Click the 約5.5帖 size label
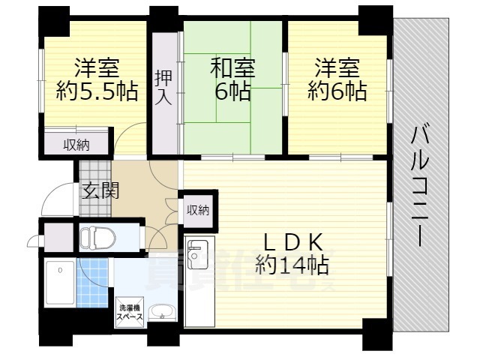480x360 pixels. point(97,92)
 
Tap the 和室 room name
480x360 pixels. point(232,68)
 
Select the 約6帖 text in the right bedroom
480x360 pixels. point(337,92)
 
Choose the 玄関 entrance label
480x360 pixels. point(99,190)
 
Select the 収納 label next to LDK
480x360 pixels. point(197,210)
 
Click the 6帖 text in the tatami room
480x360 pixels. point(232,92)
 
